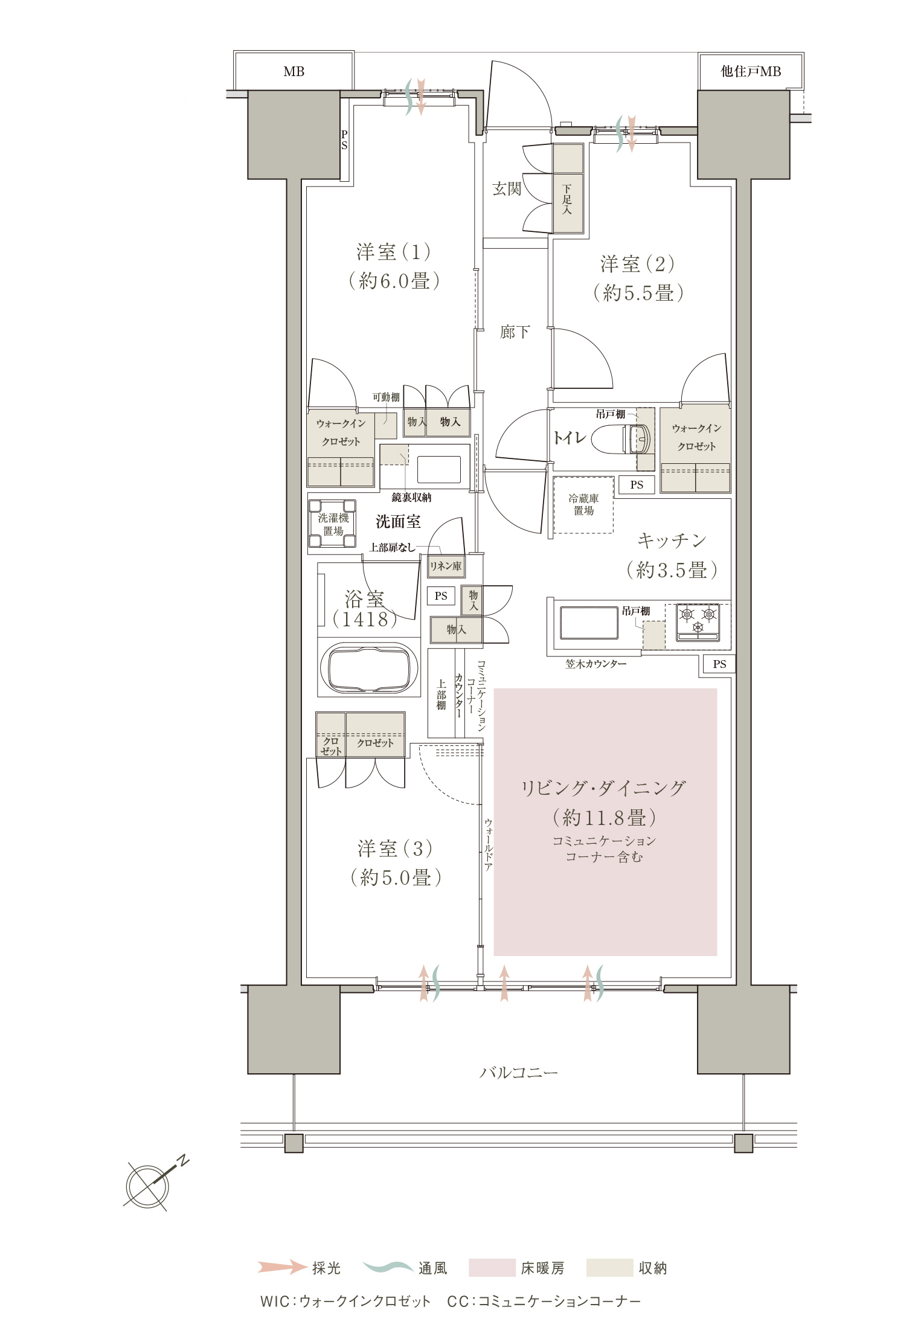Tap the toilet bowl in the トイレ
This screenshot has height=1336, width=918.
point(621,440)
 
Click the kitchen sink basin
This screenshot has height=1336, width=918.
point(589,623)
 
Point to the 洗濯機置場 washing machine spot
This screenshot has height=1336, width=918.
point(333,523)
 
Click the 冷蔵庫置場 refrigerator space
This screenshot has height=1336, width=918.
point(583,505)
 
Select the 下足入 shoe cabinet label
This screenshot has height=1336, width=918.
point(567,200)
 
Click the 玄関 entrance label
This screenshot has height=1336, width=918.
point(507,189)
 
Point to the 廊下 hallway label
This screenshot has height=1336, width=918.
point(515,332)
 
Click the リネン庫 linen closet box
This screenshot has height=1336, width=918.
point(446,567)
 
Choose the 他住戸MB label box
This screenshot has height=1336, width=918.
point(751,71)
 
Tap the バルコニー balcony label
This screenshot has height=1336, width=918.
point(519,1072)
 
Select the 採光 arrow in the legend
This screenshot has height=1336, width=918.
point(282,1267)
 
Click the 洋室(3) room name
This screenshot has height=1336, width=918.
point(395,849)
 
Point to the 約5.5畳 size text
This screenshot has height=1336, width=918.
point(638,293)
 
